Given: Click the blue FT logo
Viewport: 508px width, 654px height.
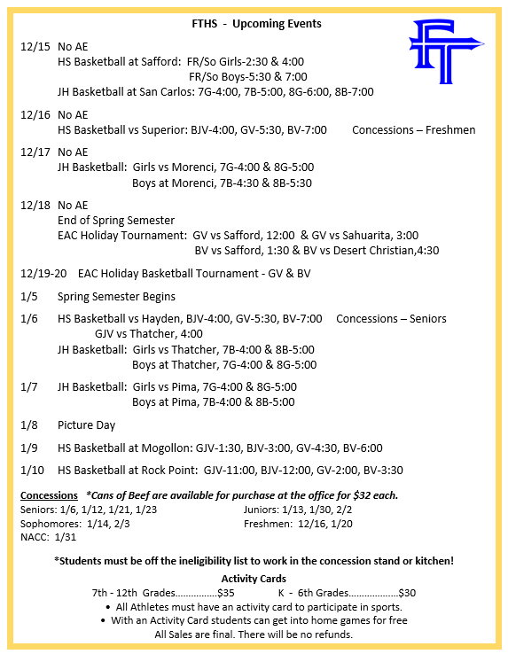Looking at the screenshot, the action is [x=445, y=52].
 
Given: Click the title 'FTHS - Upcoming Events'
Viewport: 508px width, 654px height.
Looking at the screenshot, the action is [x=257, y=23].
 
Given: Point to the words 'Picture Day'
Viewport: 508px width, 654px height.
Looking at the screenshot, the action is [x=86, y=424].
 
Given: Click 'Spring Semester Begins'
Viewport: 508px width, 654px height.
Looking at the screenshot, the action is [x=116, y=297].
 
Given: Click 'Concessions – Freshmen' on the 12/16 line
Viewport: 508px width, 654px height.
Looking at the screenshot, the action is [x=413, y=129].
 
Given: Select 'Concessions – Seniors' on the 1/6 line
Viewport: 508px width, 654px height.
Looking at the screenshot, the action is [x=391, y=318].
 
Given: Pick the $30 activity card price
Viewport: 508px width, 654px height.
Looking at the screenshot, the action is [x=407, y=592].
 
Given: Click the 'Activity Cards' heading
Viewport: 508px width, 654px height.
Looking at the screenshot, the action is [x=254, y=578].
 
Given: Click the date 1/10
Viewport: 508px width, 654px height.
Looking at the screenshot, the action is [x=33, y=471].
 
